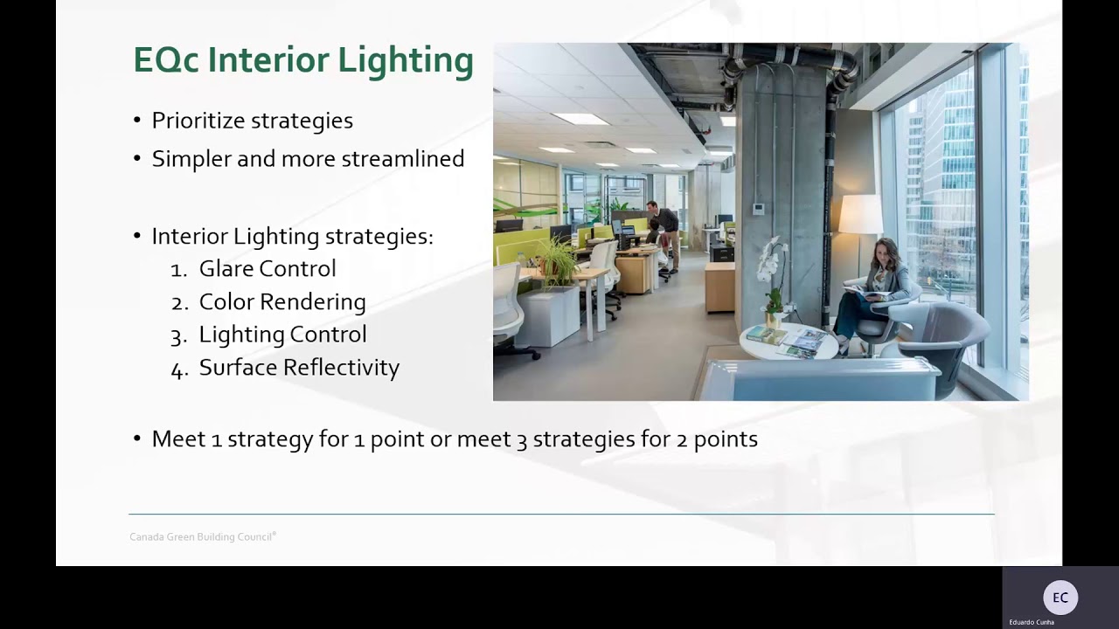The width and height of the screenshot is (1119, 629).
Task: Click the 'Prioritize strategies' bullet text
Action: pyautogui.click(x=252, y=121)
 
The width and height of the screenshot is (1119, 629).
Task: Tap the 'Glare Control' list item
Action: pyautogui.click(x=267, y=269)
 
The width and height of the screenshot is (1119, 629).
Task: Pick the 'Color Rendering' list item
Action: pyautogui.click(x=281, y=302)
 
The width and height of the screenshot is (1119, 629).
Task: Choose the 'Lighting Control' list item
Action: pyautogui.click(x=282, y=335)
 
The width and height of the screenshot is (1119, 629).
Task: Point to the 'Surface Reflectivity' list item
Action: pyautogui.click(x=299, y=368)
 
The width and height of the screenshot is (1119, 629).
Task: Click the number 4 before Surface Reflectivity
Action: pyautogui.click(x=178, y=370)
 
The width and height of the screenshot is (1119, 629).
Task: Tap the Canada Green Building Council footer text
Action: pyautogui.click(x=202, y=537)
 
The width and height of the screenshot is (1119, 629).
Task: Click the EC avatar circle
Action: pyautogui.click(x=1060, y=598)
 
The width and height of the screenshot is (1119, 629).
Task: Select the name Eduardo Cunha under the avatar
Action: pyautogui.click(x=1032, y=622)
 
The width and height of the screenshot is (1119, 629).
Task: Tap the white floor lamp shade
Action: pyautogui.click(x=860, y=214)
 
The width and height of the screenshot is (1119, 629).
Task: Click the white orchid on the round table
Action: pyautogui.click(x=771, y=262)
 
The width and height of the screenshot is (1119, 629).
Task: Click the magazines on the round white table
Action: pyautogui.click(x=787, y=341)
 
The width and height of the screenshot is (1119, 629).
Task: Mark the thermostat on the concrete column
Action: pyautogui.click(x=758, y=209)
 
